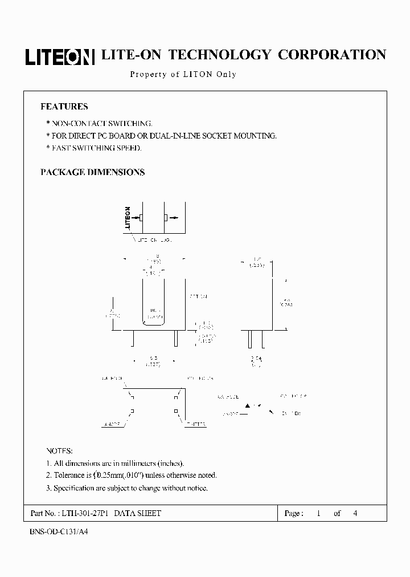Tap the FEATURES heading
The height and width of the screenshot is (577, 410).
tap(64, 107)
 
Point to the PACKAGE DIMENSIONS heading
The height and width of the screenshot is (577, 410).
tap(92, 172)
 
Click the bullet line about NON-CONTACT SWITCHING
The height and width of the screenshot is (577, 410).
tap(99, 123)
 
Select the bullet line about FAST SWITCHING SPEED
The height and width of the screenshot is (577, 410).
tap(93, 148)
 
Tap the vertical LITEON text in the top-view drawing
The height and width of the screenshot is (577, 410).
tap(128, 217)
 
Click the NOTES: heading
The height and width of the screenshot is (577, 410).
tap(59, 451)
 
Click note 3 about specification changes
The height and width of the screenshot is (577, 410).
tap(126, 488)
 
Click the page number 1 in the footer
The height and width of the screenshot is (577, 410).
tap(319, 513)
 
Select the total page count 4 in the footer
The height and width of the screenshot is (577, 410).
tap(355, 513)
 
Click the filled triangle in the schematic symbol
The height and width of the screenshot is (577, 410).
tap(248, 406)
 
